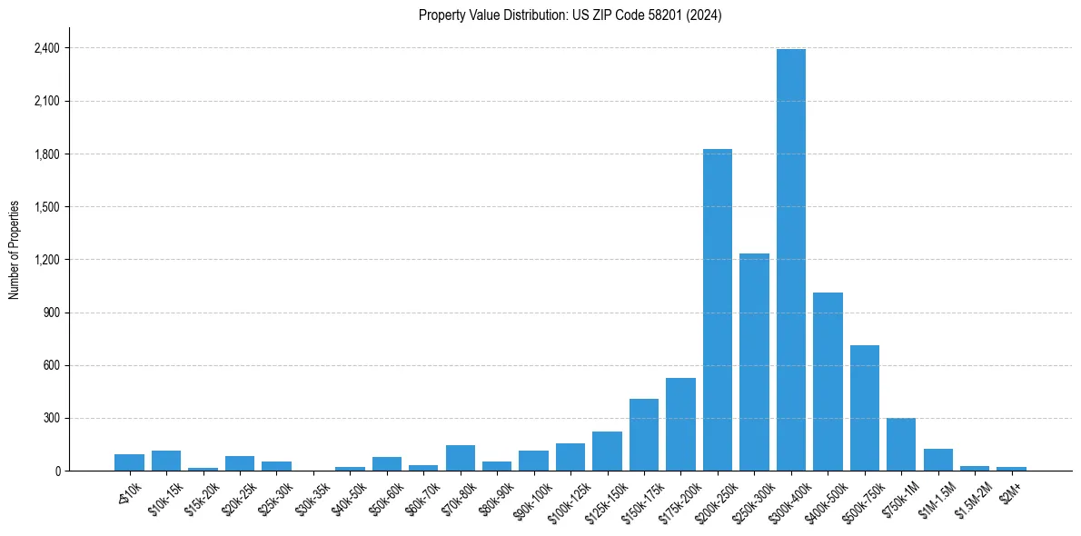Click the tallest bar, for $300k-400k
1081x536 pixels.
point(791,260)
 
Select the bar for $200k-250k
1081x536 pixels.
point(718,310)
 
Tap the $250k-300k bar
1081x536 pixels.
point(754,362)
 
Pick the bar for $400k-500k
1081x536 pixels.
point(828,382)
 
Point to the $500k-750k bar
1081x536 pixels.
point(865,408)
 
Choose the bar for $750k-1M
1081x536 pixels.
point(901,444)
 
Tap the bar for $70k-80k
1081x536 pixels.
point(461,458)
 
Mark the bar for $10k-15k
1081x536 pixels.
point(166,461)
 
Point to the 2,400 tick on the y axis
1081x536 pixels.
point(45,48)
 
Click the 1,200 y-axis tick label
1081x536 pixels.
point(45,260)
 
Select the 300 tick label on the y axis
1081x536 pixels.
point(50,419)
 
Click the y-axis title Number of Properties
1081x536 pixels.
point(15,250)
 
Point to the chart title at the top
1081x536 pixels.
point(570,15)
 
